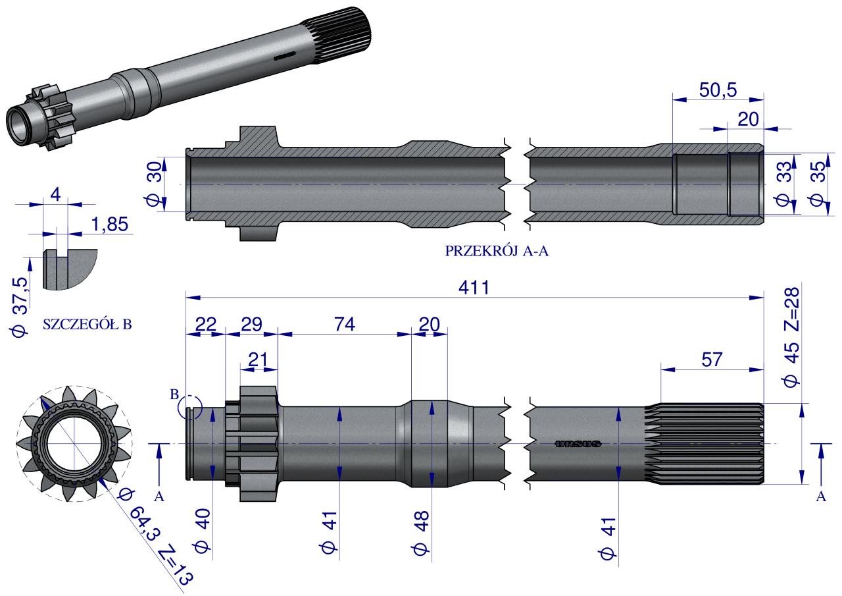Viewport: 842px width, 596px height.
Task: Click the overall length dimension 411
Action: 474,288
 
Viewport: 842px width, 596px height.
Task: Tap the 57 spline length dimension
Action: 712,360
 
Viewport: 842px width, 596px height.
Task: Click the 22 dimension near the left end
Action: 205,324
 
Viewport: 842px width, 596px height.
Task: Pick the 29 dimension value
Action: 251,324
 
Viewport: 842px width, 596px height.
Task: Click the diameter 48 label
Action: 421,532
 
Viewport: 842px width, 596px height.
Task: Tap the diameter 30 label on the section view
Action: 153,185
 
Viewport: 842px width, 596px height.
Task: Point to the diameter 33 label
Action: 782,185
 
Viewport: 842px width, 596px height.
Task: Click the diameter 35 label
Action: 816,185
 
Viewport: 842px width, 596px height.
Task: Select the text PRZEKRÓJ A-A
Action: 497,251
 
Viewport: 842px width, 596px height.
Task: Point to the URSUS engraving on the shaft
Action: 579,444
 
